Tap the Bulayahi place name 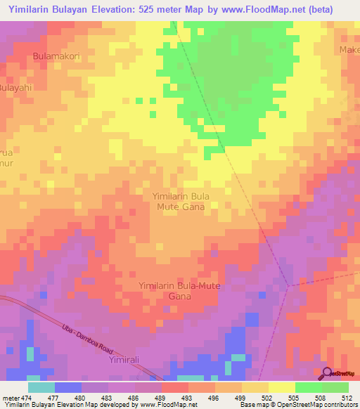[16, 88]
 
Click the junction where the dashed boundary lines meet [289, 285]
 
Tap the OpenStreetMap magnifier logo [326, 373]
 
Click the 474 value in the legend [27, 397]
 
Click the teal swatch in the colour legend [41, 387]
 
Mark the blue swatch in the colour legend [67, 387]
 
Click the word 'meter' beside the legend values [11, 397]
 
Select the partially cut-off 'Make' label [349, 50]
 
